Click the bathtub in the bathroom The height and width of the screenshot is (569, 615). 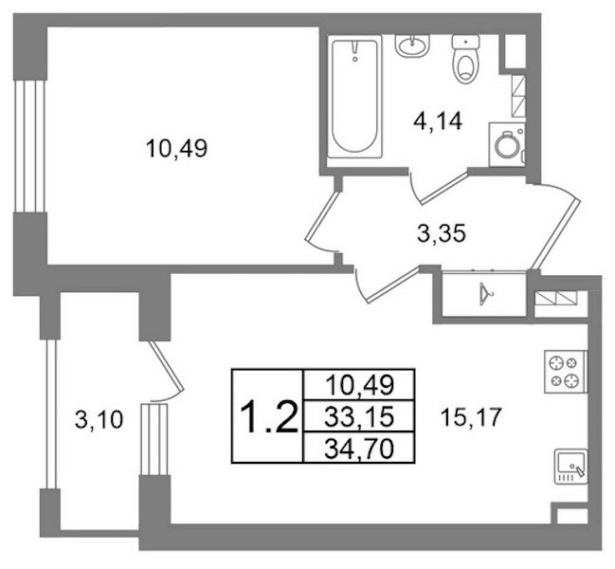coord(354,97)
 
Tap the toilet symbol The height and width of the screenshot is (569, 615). coord(466,59)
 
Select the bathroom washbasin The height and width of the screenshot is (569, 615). coord(412,46)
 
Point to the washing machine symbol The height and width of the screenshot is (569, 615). coord(507,144)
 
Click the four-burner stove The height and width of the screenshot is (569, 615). coord(566,371)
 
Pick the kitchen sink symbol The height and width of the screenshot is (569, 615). coord(570,467)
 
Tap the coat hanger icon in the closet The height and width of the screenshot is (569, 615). coord(486,294)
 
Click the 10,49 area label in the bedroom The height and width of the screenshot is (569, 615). coord(176,149)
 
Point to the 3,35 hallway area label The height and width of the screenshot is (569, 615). coord(442,233)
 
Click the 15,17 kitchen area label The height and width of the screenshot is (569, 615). coord(471,417)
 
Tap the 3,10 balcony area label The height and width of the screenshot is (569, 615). coord(99,420)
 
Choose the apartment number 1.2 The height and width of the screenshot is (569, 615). coord(269,417)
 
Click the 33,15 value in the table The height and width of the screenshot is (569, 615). coord(359,416)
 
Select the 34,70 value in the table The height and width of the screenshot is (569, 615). coord(359,449)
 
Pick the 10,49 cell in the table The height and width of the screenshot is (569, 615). coord(360,385)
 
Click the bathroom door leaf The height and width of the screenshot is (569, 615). coord(443,187)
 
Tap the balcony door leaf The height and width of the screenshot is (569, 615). coord(166,366)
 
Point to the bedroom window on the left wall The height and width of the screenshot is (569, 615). coord(29,146)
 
